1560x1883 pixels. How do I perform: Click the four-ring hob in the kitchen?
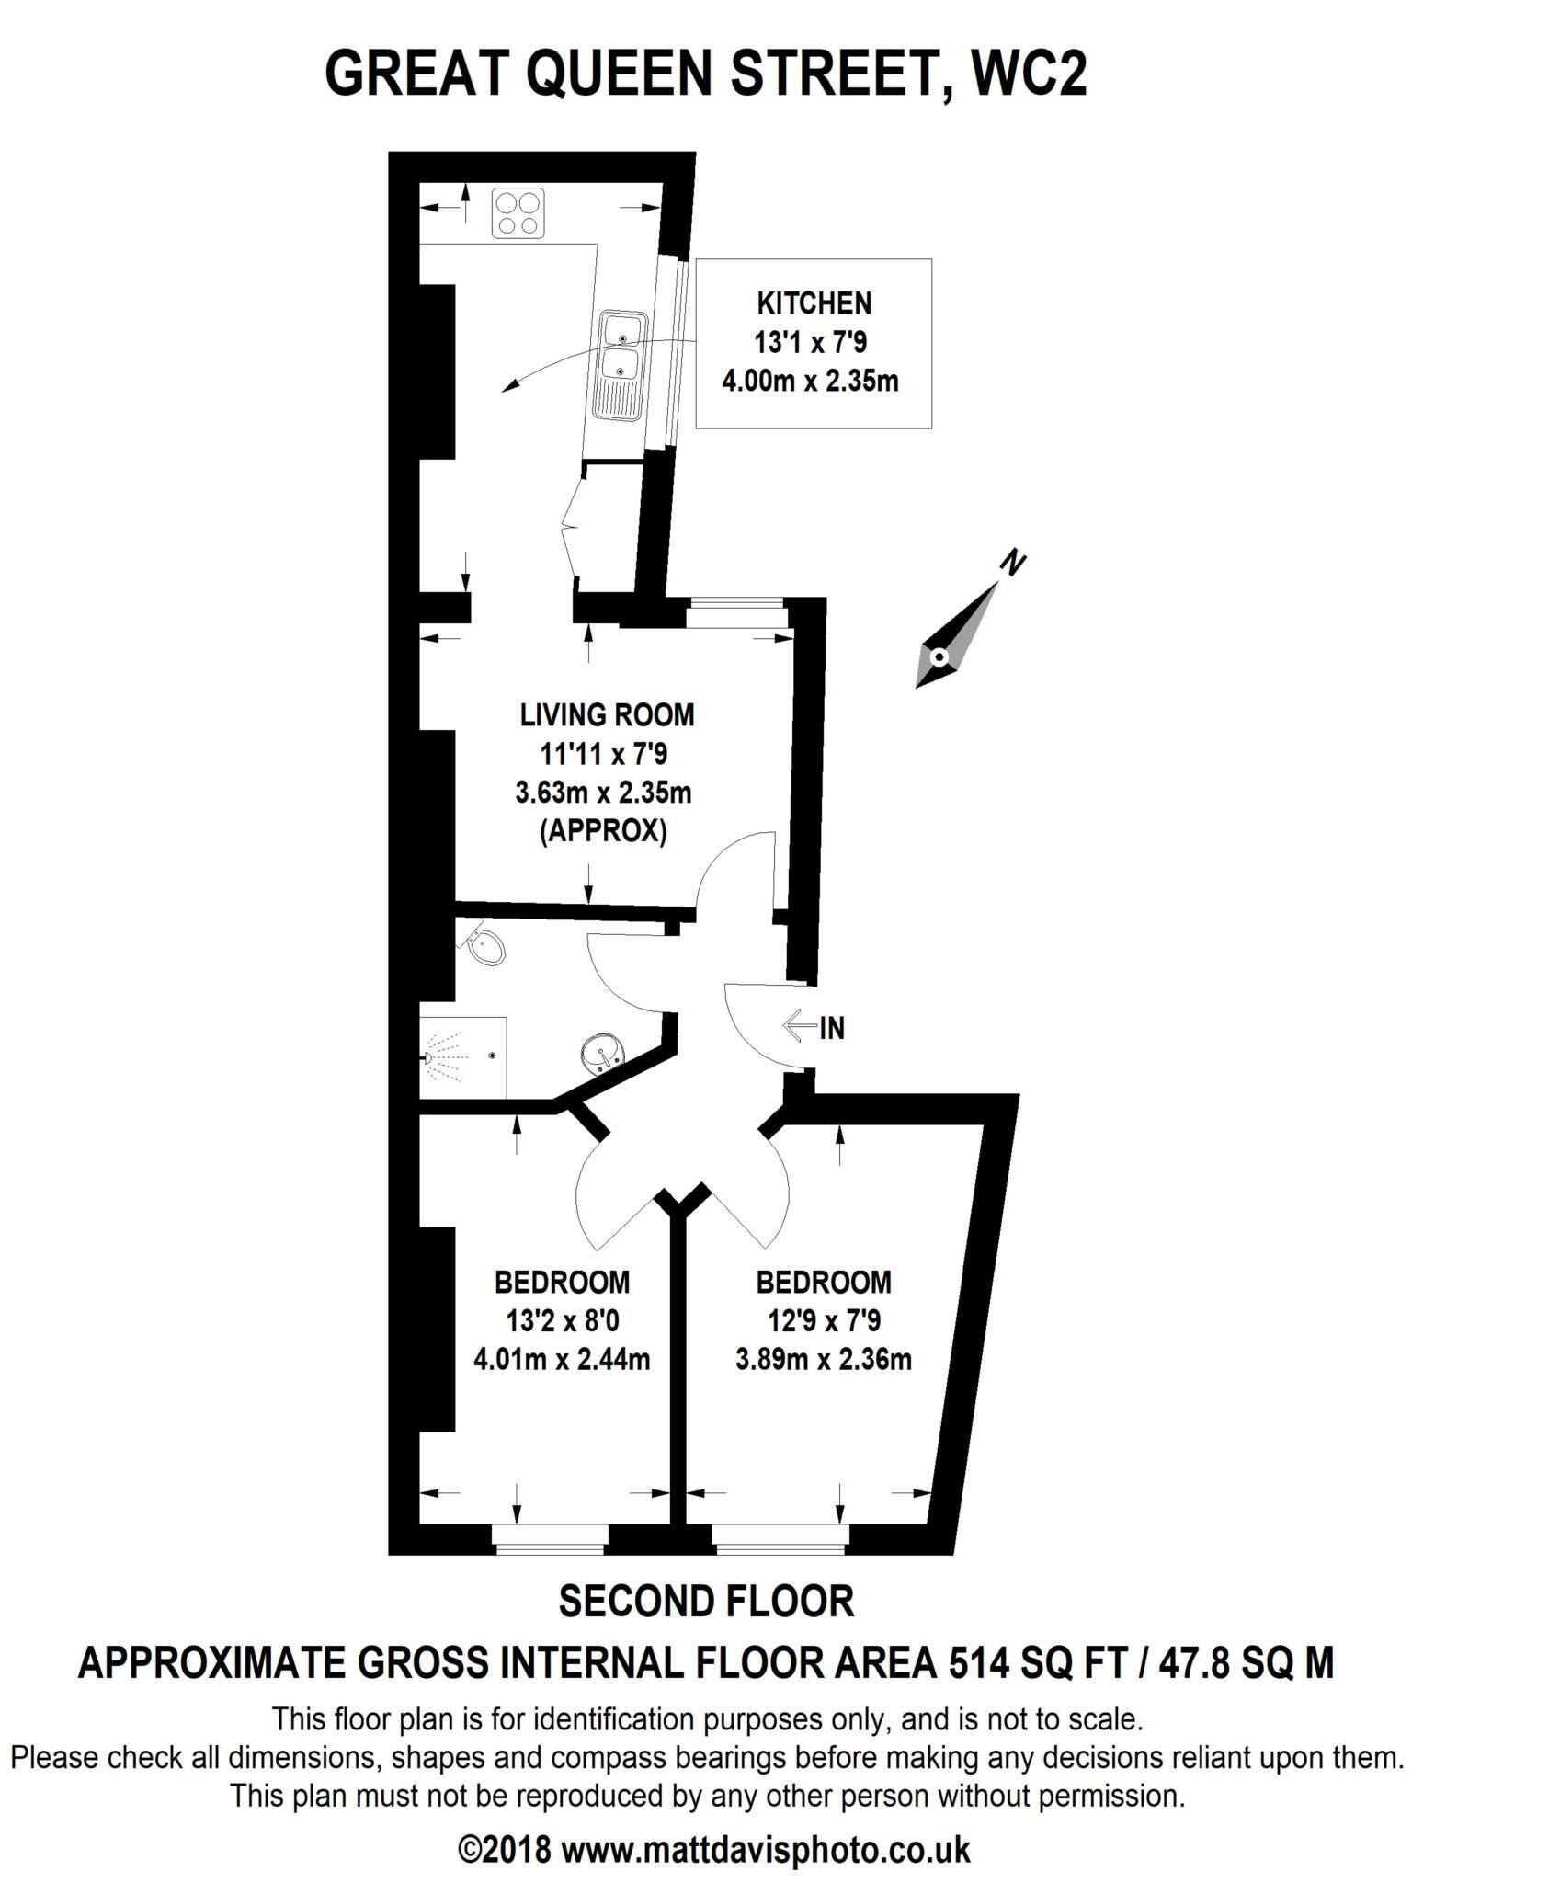[x=518, y=212]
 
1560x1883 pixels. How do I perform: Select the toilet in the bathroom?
[x=486, y=947]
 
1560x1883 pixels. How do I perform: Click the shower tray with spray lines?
[x=463, y=1057]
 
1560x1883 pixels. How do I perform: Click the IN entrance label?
[x=831, y=1028]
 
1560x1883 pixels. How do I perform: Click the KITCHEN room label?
[x=814, y=302]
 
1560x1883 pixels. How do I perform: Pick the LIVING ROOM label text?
[x=608, y=714]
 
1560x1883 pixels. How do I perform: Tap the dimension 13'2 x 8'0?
[x=562, y=1321]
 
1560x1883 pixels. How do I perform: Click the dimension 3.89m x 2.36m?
[x=823, y=1359]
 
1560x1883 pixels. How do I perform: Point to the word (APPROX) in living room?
[x=603, y=831]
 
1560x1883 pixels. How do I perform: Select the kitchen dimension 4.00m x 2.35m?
[x=810, y=380]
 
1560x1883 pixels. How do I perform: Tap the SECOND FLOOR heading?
[x=706, y=1602]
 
